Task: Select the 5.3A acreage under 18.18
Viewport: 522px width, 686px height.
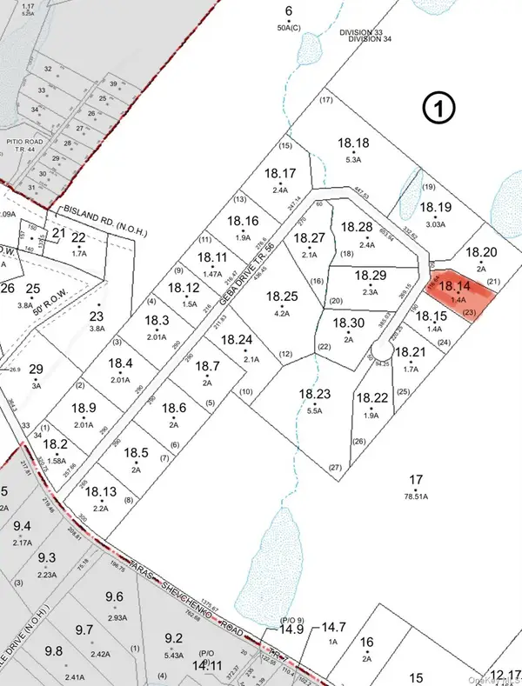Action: (352, 160)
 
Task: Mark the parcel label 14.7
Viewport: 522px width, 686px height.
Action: (334, 626)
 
